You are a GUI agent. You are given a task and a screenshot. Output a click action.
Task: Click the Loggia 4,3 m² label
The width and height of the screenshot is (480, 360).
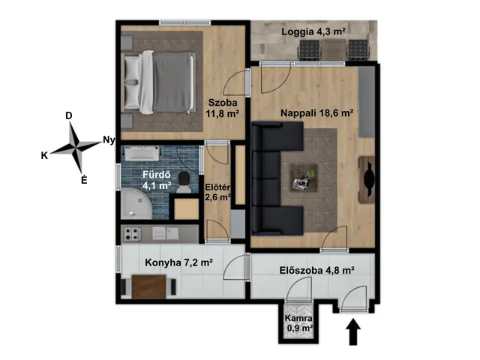pyautogui.click(x=313, y=31)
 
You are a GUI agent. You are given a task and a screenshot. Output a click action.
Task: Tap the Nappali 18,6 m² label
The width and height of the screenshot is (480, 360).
pyautogui.click(x=317, y=113)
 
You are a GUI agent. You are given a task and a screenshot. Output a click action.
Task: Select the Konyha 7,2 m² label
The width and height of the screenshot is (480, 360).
pyautogui.click(x=179, y=262)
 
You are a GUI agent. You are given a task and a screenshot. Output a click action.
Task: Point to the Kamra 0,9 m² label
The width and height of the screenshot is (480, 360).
pyautogui.click(x=299, y=323)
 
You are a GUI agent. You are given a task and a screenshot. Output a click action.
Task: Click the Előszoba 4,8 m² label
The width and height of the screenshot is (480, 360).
pyautogui.click(x=316, y=271)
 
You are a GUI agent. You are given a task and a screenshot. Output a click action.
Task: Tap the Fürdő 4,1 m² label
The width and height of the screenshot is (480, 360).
pyautogui.click(x=157, y=180)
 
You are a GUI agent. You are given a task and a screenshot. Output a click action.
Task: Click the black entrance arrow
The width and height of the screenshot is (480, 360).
pyautogui.click(x=353, y=331)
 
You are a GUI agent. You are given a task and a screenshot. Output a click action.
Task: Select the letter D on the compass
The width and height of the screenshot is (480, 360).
pyautogui.click(x=69, y=115)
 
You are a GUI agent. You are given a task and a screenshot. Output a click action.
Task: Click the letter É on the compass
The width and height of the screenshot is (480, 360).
pyautogui.click(x=84, y=179)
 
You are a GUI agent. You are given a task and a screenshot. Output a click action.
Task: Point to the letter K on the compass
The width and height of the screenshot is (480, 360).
pyautogui.click(x=44, y=156)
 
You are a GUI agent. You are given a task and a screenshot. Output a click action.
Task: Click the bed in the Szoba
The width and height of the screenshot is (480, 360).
pyautogui.click(x=159, y=82)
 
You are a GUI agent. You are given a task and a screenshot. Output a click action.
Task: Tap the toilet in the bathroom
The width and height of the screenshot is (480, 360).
pyautogui.click(x=184, y=182)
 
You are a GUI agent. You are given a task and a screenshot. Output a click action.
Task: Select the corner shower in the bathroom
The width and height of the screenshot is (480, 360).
pyautogui.click(x=136, y=204)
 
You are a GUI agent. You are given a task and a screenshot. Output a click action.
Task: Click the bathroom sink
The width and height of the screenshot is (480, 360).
pyautogui.click(x=142, y=153)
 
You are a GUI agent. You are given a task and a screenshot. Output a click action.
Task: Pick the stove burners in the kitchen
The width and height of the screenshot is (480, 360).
pyautogui.click(x=132, y=234)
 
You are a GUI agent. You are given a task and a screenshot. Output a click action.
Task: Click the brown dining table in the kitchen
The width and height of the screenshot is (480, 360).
pyautogui.click(x=149, y=286)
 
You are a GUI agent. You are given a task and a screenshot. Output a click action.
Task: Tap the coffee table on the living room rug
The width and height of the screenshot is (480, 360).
pyautogui.click(x=304, y=178)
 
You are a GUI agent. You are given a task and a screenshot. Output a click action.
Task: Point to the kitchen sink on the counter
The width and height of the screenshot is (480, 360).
pyautogui.click(x=166, y=233)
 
